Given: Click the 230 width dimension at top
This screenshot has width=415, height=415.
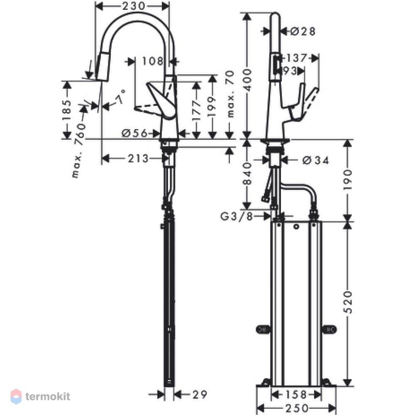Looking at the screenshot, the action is point(133,6).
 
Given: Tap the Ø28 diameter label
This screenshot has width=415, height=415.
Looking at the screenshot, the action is point(303,32).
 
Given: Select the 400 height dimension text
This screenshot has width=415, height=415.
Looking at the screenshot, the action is point(248,80).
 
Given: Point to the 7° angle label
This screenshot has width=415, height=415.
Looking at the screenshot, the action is point(120,97).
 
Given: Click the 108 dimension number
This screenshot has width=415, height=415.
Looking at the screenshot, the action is point(153,61).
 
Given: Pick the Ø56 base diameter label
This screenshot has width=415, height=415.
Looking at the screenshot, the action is point(134,133).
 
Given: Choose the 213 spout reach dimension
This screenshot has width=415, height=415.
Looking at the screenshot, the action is point(138,159).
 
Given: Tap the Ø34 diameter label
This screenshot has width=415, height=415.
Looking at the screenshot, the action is point(315,160).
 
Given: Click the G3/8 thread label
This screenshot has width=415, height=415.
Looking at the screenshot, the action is point(237,217).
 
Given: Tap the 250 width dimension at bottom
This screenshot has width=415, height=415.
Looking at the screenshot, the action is point(297,408).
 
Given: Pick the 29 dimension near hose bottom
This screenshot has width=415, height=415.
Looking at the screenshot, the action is point(200,395).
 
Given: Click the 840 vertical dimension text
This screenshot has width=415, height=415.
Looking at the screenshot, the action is point(247,173).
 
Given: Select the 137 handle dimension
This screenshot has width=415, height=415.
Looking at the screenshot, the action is point(297,58).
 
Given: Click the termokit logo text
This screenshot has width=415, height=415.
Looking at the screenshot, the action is point(48,396).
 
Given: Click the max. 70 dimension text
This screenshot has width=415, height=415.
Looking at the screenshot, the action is point(231,94).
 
